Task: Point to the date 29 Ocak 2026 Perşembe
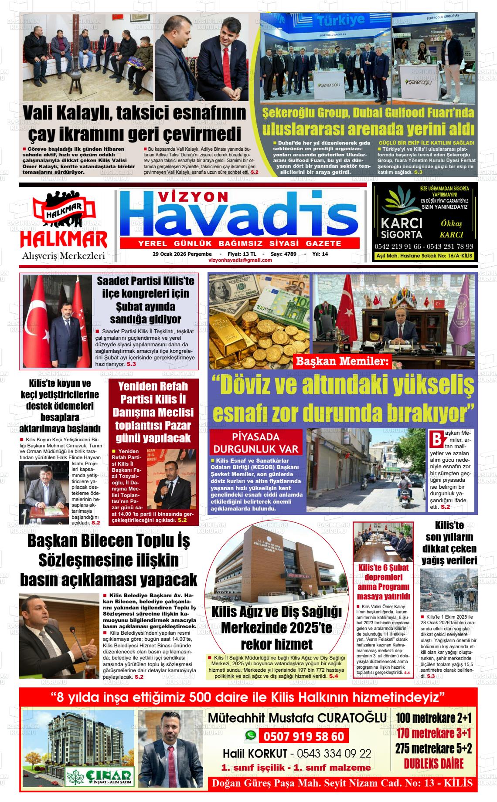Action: [x=182, y=254]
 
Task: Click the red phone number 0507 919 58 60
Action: [x=304, y=736]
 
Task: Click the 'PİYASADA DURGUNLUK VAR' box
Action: [x=256, y=443]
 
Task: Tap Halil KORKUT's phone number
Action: [x=334, y=753]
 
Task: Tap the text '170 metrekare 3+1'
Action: [x=434, y=734]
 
